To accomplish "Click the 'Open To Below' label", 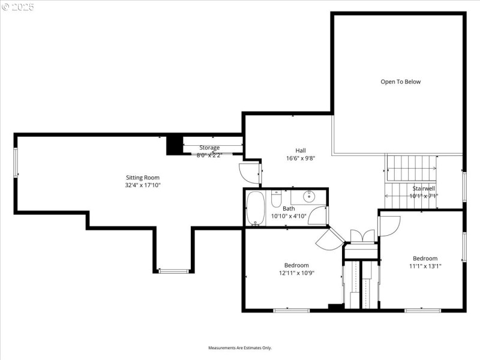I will click(400, 82).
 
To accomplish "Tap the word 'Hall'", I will click(301, 150).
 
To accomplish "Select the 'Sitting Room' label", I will click(142, 177).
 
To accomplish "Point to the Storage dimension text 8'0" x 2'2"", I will click(209, 155).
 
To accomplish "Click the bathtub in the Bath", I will click(256, 209).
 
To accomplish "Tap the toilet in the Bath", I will click(276, 198).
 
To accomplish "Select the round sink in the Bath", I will click(310, 196).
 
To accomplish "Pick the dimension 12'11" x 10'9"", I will click(296, 273).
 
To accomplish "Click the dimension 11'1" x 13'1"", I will click(425, 266).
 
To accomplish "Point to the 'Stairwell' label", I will click(424, 188).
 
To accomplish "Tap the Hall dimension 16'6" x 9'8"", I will click(301, 158).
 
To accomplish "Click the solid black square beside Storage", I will click(174, 145).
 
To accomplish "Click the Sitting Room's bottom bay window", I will click(174, 271).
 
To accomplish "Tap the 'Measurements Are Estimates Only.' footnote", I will click(240, 348).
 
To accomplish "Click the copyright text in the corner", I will click(18, 7).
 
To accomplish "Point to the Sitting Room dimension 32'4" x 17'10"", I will click(142, 185).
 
